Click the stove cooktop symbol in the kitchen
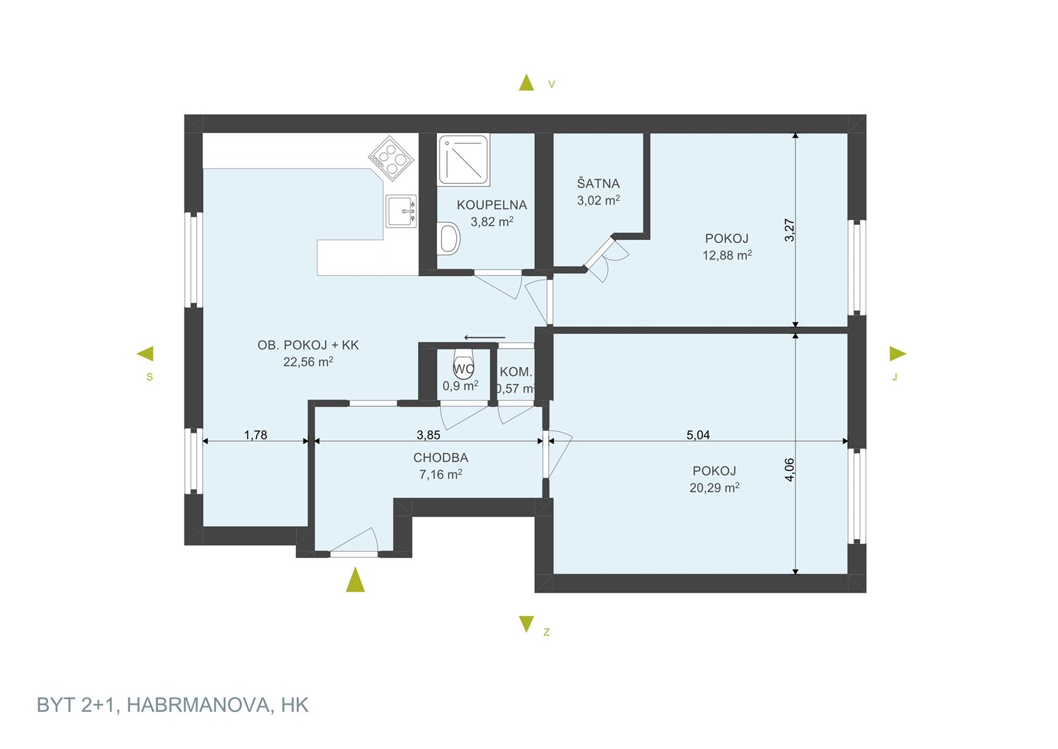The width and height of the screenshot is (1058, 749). [x=391, y=158]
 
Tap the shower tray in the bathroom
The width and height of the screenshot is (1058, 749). [x=464, y=160]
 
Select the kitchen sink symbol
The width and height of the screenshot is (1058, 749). [x=401, y=211]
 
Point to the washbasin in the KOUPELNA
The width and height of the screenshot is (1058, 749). [x=449, y=238]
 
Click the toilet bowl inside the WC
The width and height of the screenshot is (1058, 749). [x=464, y=364]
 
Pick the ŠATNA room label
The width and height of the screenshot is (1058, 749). [x=598, y=183]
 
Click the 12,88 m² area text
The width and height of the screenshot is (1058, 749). [x=727, y=255]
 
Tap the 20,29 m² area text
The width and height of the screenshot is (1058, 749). [x=714, y=487]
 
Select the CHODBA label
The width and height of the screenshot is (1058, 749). [x=440, y=457]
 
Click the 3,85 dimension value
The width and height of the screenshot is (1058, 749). [x=428, y=435]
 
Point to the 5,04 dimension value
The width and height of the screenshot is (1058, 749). [x=698, y=435]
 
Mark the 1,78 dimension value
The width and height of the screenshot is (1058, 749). [x=255, y=435]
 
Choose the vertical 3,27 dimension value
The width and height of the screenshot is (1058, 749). [x=790, y=230]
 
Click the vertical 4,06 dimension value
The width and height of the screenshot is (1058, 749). [x=790, y=470]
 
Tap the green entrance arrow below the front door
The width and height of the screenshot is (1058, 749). [x=355, y=580]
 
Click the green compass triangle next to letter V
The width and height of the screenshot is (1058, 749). [x=526, y=83]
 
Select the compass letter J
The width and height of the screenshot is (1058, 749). [x=894, y=377]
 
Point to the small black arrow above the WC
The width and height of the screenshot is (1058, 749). [x=485, y=337]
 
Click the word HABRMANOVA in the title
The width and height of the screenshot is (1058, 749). [x=198, y=705]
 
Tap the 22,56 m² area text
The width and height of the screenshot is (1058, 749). [x=308, y=362]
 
